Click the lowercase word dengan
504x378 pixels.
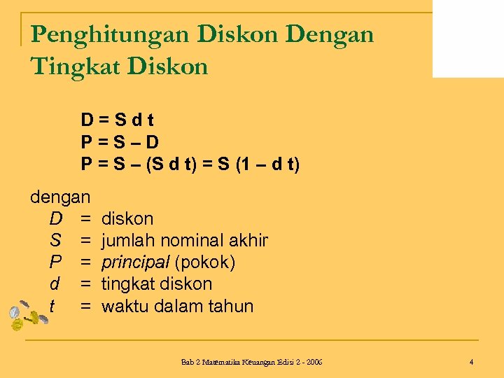(x=60, y=197)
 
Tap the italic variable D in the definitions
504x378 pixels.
(x=55, y=218)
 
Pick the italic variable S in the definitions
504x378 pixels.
(x=55, y=241)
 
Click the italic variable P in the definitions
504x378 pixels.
(x=55, y=262)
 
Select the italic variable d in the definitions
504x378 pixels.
(x=55, y=284)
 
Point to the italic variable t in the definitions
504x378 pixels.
(x=52, y=306)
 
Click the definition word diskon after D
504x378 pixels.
(x=127, y=218)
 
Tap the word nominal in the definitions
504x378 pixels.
(x=189, y=241)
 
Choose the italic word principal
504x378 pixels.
(x=135, y=262)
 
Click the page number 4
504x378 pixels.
(x=472, y=362)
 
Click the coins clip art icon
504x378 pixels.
(x=27, y=316)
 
